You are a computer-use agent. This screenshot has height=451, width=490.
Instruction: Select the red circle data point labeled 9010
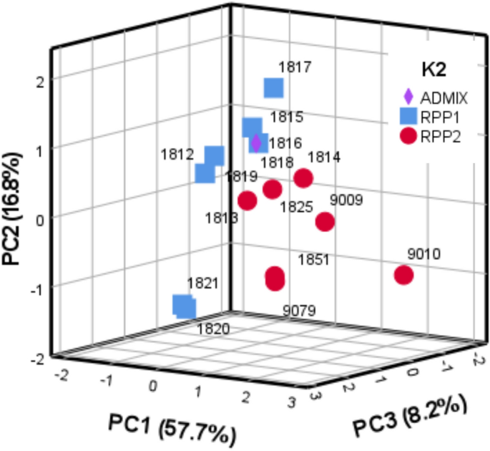click(404, 275)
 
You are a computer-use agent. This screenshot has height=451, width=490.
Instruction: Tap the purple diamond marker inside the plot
click(256, 142)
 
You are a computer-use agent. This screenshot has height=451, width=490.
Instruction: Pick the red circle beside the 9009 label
click(325, 222)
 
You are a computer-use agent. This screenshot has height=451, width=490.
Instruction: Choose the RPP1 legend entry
click(430, 116)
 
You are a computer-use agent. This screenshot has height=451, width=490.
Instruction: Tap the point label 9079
click(299, 310)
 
